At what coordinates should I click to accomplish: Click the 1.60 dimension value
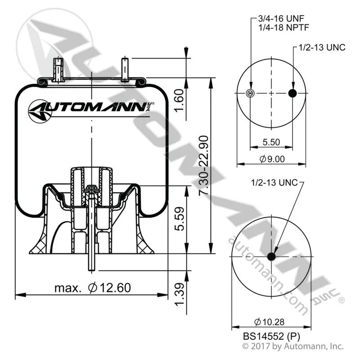[179, 100]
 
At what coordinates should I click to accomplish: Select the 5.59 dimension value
[179, 219]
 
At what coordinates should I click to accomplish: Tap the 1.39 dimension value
[179, 294]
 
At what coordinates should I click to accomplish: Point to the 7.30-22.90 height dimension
[203, 165]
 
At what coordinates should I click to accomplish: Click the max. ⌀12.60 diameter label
[93, 288]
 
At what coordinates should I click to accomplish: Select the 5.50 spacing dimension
[271, 142]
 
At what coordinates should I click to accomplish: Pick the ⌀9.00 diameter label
[272, 159]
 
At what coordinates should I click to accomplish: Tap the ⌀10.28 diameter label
[269, 322]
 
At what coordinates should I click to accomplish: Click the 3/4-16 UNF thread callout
[281, 18]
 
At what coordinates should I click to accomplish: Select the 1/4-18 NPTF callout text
[284, 27]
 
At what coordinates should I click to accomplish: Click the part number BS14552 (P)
[271, 336]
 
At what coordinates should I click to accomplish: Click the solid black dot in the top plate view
[292, 93]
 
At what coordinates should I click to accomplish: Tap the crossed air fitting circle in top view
[250, 93]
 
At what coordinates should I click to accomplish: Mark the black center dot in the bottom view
[271, 256]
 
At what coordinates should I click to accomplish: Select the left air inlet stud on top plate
[58, 70]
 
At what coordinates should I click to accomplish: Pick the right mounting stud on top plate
[125, 69]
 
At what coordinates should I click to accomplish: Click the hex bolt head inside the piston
[91, 188]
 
